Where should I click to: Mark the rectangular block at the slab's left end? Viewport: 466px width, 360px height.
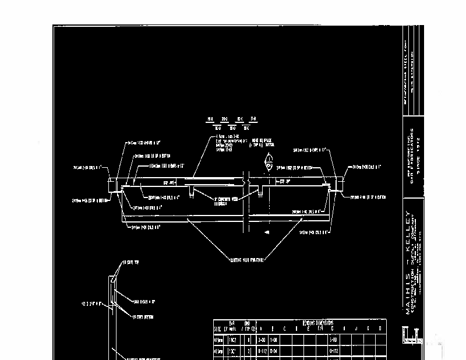point(114,185)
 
